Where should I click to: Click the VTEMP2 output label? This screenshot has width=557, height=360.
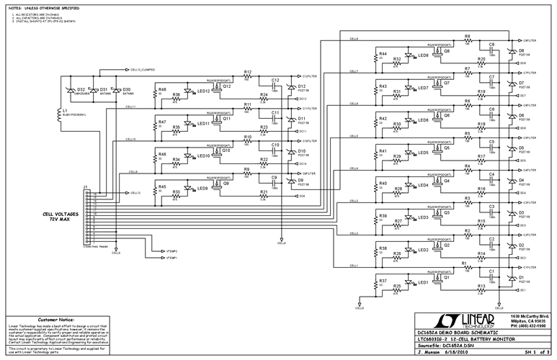171,251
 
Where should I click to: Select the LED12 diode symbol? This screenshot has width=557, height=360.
189,91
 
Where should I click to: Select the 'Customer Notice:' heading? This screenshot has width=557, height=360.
58,318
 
